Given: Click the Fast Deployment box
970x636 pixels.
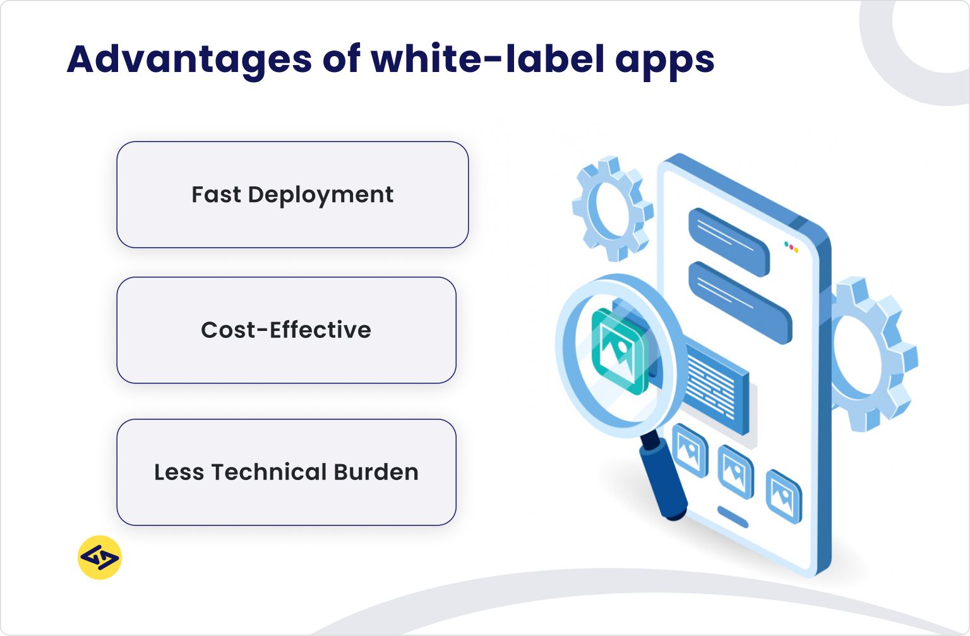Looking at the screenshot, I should (x=292, y=195).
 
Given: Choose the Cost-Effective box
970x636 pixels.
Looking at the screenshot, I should (x=286, y=330).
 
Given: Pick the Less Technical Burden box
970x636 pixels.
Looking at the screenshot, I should (x=286, y=472).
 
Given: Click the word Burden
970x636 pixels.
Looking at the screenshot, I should (x=376, y=472).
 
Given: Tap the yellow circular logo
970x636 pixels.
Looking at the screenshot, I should (x=100, y=558).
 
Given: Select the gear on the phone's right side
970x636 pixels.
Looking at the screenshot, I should (x=875, y=354).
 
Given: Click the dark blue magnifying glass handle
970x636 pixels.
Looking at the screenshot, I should (x=663, y=477).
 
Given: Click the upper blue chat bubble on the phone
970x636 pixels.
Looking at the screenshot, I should (x=729, y=241).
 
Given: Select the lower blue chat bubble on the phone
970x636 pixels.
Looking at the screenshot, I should (x=739, y=302).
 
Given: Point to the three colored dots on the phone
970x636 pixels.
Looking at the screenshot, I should (x=791, y=247).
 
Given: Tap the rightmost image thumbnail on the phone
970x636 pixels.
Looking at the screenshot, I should (x=783, y=496).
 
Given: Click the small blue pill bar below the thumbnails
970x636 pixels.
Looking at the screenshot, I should (x=733, y=516).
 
